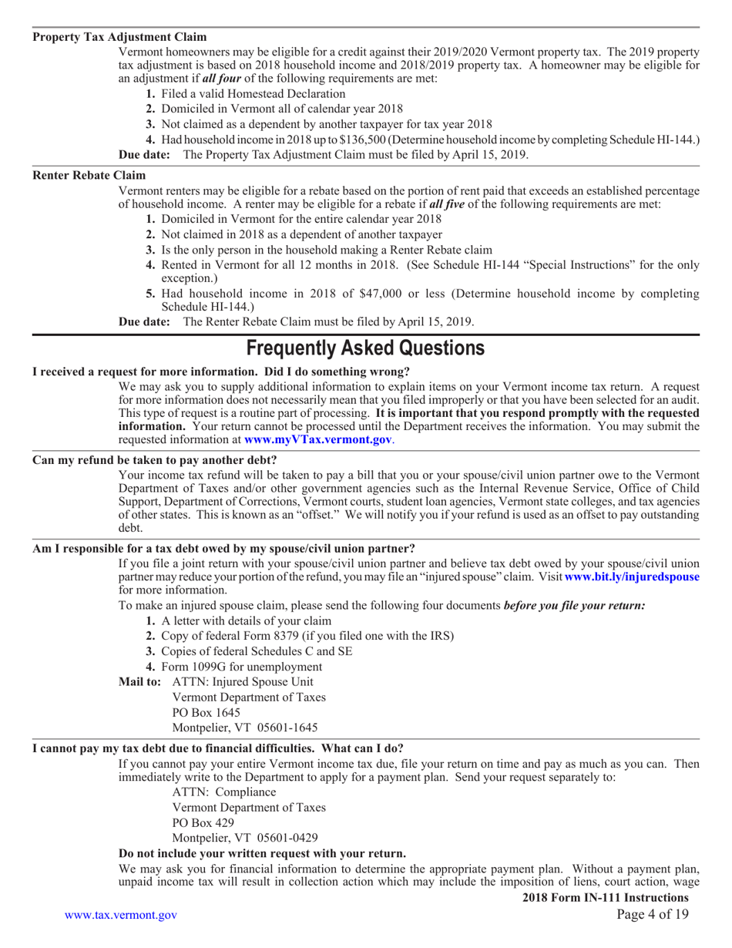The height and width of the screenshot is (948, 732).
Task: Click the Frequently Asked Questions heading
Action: [365, 348]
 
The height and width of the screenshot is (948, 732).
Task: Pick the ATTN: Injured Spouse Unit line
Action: [242, 681]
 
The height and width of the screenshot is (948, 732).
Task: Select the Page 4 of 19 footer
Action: [653, 915]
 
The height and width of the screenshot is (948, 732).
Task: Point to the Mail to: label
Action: [140, 681]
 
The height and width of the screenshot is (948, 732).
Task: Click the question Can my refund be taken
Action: [155, 460]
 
